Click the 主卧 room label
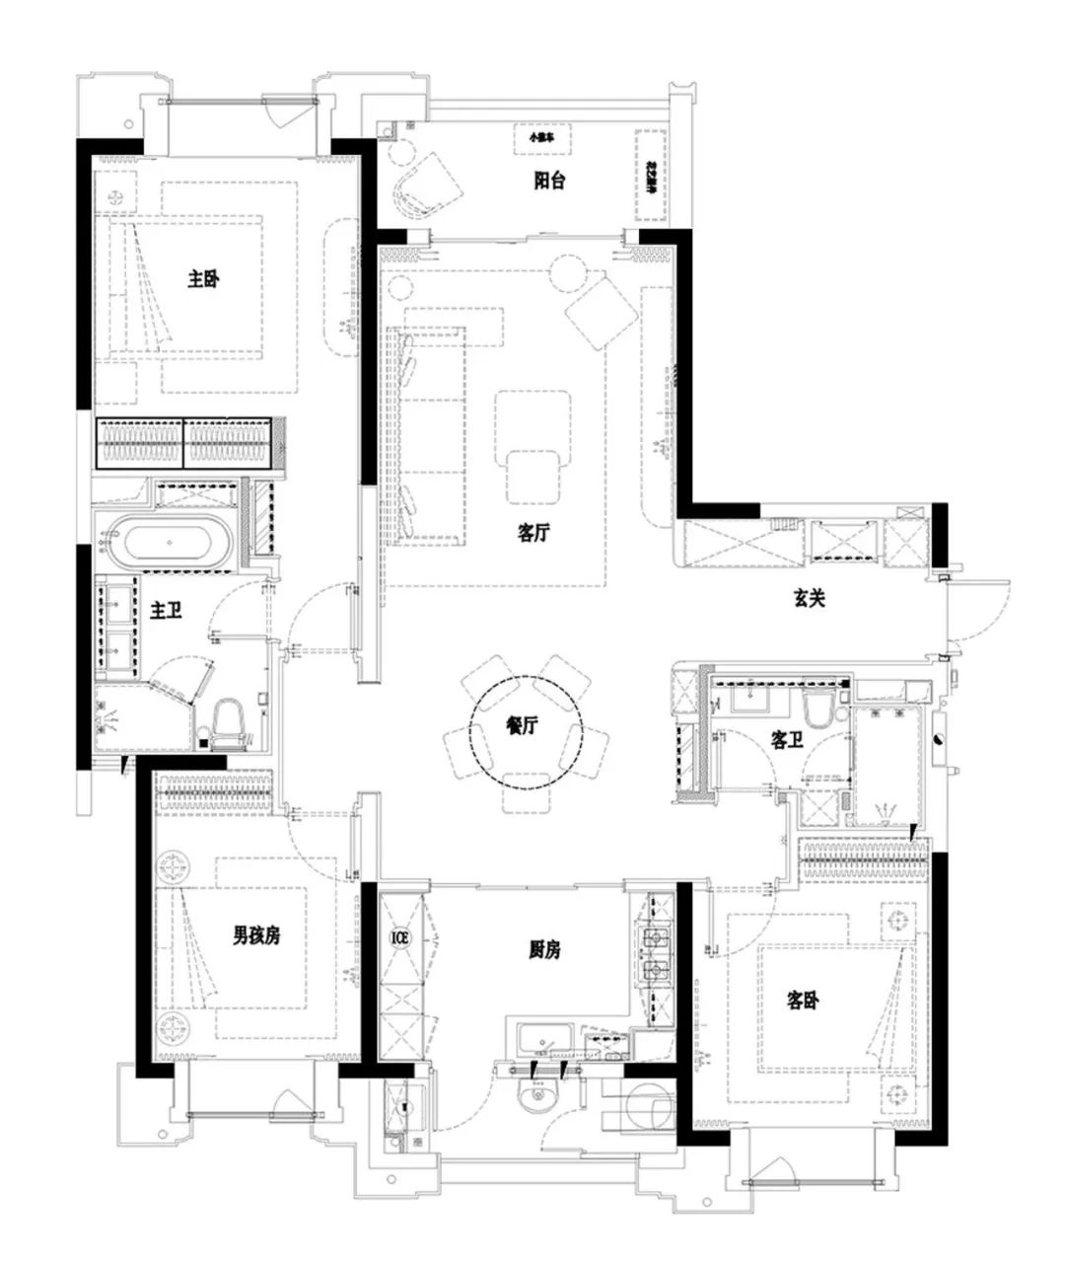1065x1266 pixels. (203, 279)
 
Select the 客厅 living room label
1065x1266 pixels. (533, 533)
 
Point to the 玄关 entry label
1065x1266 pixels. (809, 597)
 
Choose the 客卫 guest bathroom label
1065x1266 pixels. (786, 740)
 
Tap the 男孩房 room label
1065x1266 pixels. (256, 934)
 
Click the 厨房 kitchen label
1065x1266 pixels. (543, 949)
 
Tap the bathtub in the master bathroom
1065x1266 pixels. (174, 544)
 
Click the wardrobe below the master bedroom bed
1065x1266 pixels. (186, 443)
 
